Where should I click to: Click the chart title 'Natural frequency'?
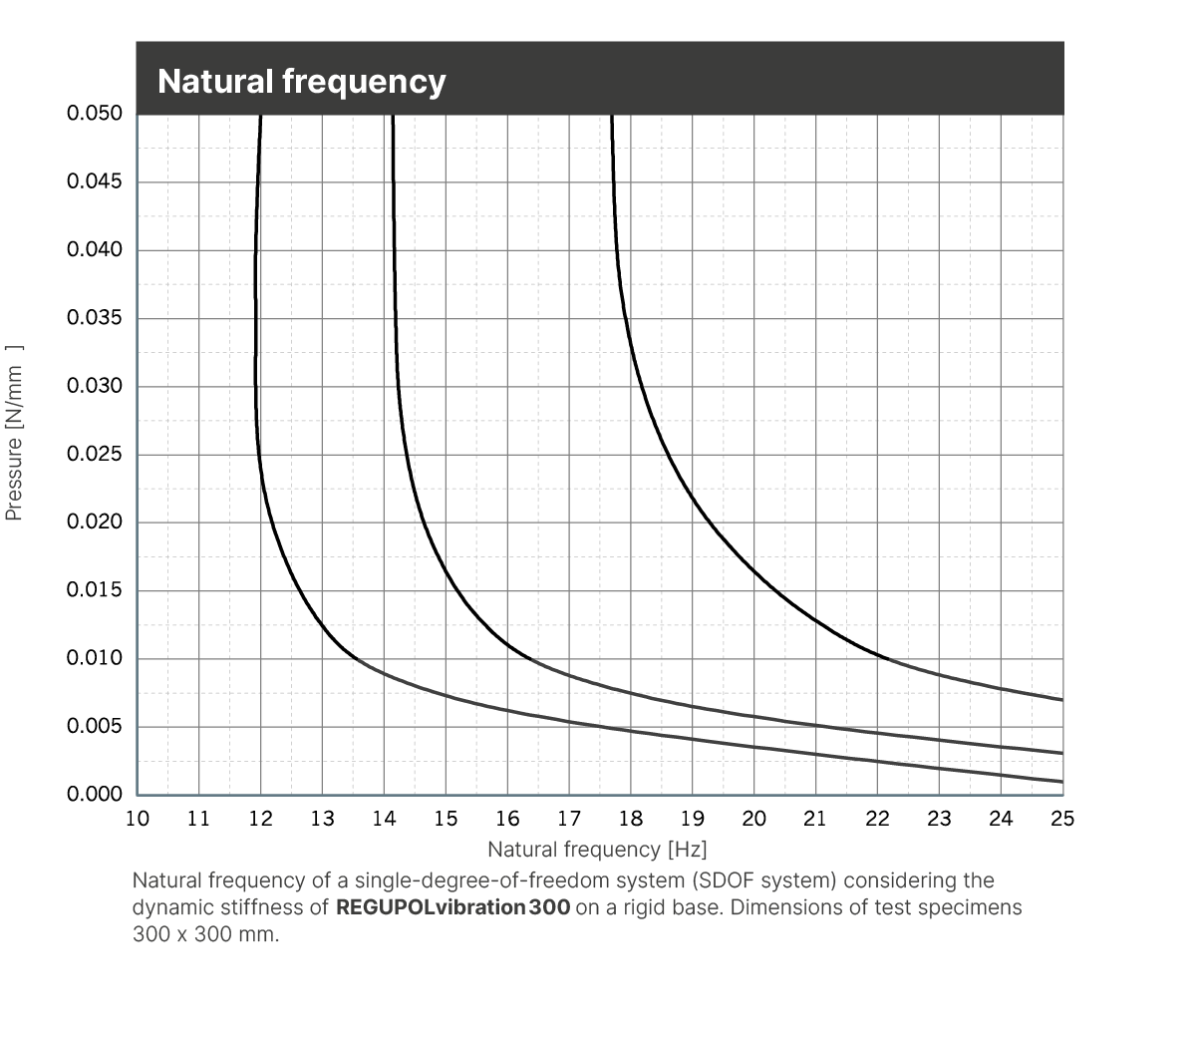301,81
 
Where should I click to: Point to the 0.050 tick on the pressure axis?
95,114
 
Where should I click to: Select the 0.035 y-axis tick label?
95,318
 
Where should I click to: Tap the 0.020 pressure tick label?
95,523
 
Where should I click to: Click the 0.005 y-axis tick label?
95,727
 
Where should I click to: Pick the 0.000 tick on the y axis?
95,795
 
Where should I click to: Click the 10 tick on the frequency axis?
138,819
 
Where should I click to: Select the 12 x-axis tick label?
260,819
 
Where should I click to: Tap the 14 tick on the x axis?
384,819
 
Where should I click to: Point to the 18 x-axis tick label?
631,819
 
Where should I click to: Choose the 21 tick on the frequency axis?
815,819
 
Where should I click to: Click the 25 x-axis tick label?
1062,819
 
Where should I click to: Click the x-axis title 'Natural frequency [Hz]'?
597,850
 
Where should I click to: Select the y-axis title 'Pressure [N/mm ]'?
14,433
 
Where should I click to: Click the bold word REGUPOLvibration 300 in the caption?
452,908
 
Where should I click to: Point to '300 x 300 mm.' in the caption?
206,935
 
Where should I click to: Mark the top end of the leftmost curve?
261,116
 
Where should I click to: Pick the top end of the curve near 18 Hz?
612,116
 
